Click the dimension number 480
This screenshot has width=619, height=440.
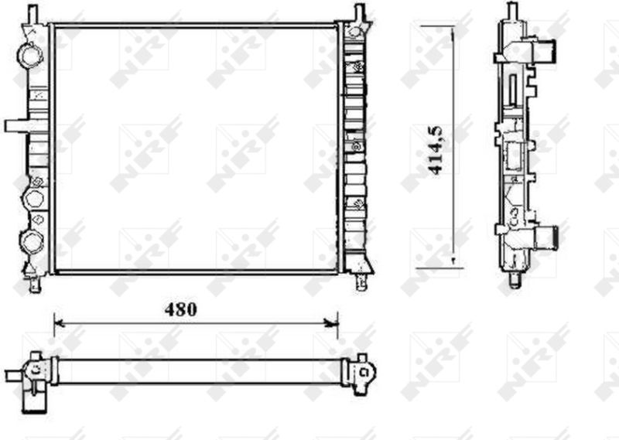[180, 310]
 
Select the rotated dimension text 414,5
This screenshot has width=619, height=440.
[436, 150]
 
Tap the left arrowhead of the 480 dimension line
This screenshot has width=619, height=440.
[59, 323]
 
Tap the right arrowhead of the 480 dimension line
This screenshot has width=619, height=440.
[333, 323]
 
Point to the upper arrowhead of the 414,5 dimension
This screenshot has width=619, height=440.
[453, 31]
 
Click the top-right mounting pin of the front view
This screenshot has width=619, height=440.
[360, 12]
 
